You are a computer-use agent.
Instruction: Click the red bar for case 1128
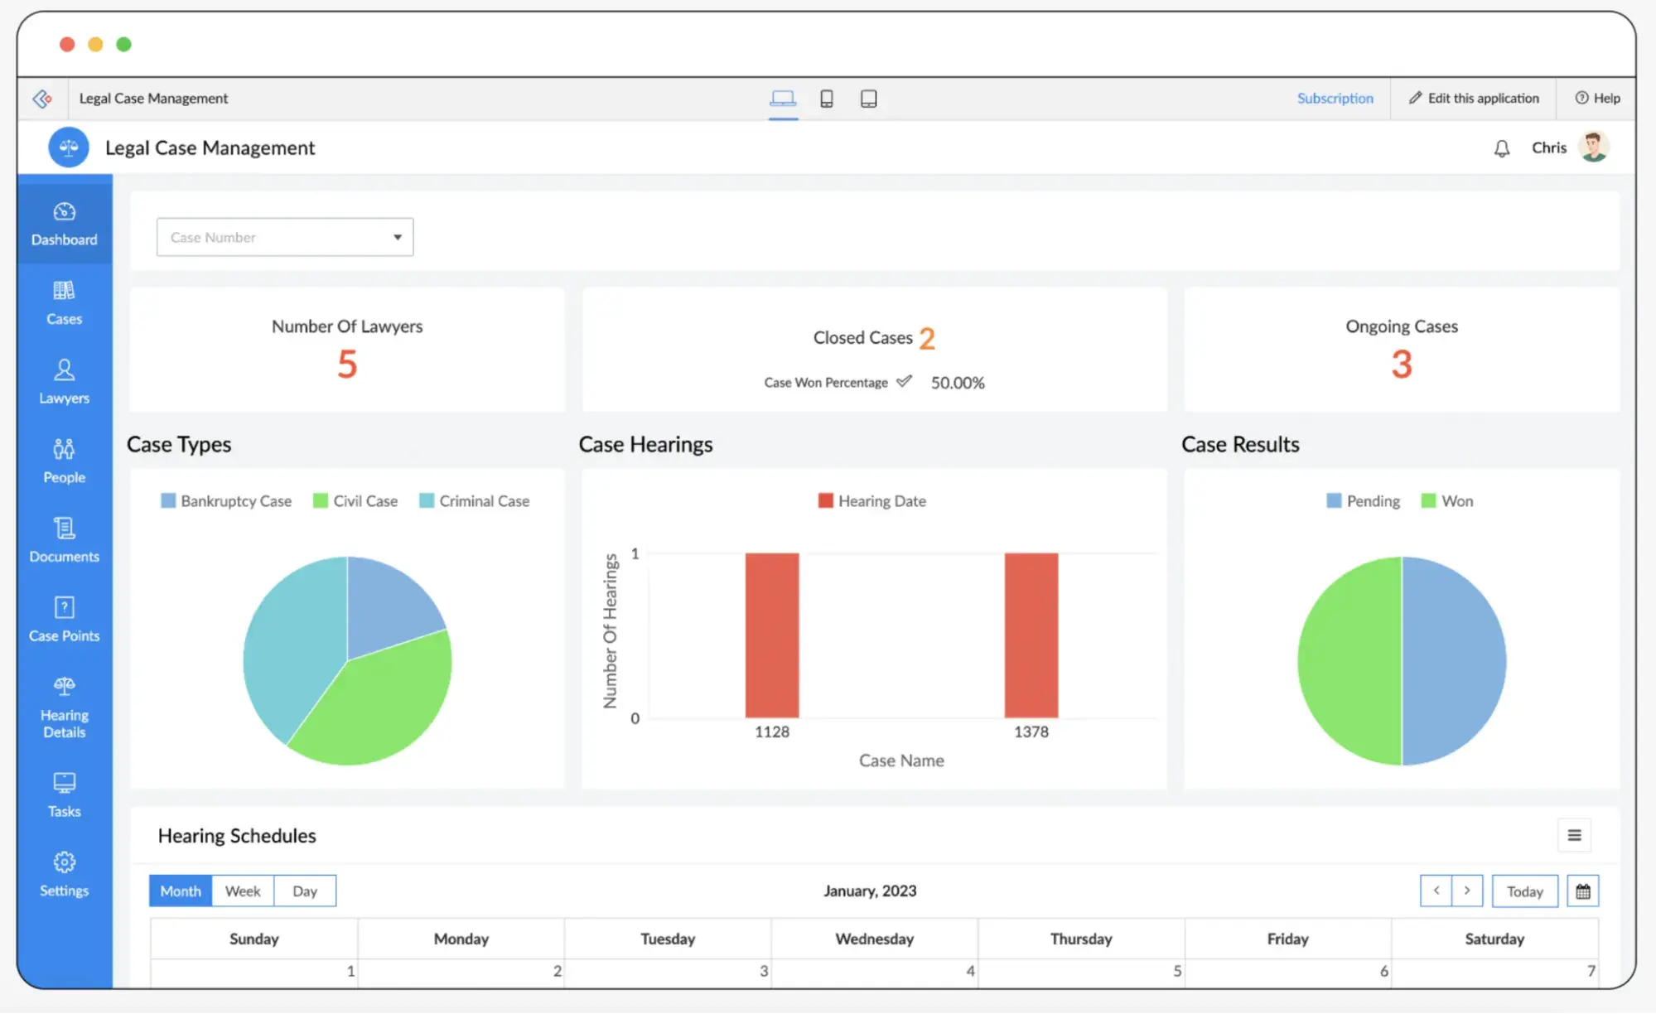(771, 635)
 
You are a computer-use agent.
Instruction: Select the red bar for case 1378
(1031, 635)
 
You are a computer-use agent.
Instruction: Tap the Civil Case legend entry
(355, 501)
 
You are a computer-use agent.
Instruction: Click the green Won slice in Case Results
(1349, 661)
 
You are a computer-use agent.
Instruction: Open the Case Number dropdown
(284, 237)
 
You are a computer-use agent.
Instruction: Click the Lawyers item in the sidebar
(64, 382)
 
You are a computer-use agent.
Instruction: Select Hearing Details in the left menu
(64, 707)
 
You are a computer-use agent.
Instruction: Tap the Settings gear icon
(64, 862)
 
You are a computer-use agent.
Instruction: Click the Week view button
(243, 891)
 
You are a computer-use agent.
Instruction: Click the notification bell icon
(1501, 148)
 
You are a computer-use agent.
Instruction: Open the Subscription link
(1335, 98)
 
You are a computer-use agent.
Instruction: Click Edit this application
(1474, 98)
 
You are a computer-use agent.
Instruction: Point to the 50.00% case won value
(957, 383)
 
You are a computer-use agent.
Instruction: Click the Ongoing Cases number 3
(1401, 365)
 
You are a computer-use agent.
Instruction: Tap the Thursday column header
(1080, 939)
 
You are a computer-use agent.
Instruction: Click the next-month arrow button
(1466, 891)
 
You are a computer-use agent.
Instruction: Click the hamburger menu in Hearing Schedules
(1574, 835)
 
